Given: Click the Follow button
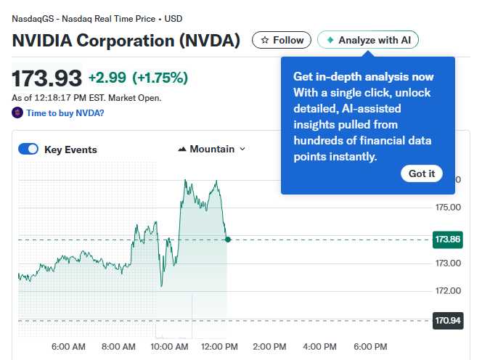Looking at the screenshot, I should coord(282,40).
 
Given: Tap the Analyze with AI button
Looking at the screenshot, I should coord(368,40).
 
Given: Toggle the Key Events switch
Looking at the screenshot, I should coord(28,150).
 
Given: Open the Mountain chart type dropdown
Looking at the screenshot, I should coord(211,149).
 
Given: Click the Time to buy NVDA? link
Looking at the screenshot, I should coord(65,113).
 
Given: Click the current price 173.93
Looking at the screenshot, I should coord(46,78).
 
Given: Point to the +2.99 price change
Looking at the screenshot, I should coord(107,78).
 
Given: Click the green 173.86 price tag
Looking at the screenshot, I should coord(448,239).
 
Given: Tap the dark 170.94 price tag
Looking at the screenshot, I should coord(448,320).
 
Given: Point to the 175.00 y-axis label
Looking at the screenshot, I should coord(448,208).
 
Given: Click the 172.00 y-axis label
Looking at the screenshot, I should coord(448,291).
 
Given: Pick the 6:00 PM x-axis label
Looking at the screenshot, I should coord(369,346).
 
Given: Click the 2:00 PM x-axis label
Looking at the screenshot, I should coord(269,346).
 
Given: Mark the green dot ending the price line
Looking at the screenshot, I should coord(227,239).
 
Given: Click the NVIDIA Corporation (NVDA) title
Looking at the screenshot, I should coord(126,40).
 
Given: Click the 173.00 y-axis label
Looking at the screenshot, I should coord(448,263).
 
